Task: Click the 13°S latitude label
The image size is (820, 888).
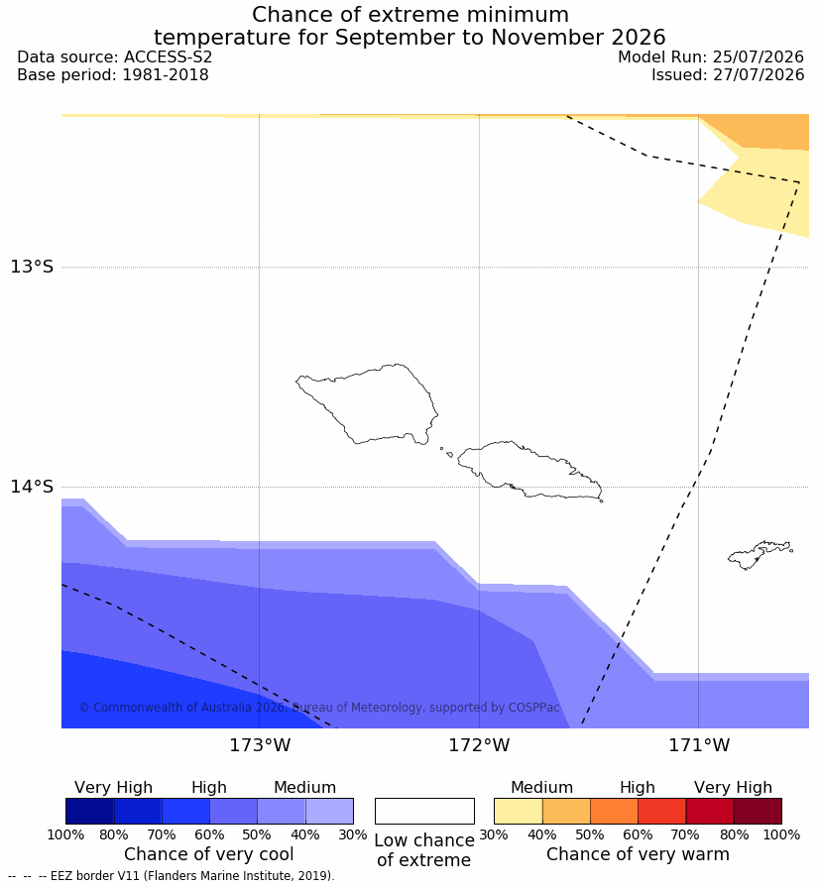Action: (x=32, y=267)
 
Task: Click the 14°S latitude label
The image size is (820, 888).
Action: (x=32, y=486)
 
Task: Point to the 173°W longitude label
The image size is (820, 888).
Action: (x=260, y=744)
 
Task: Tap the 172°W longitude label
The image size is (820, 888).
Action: (x=480, y=744)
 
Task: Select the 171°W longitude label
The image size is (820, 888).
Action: (x=699, y=744)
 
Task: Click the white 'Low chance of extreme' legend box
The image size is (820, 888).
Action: (x=424, y=811)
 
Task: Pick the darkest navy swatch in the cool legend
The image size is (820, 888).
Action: (x=89, y=811)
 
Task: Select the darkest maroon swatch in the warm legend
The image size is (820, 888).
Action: (x=758, y=811)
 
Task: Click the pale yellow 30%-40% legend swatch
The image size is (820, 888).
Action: (x=518, y=811)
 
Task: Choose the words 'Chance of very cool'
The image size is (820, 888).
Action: (x=208, y=854)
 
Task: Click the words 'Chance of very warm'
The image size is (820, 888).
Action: (x=638, y=854)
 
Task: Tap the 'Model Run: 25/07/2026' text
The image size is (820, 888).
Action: (x=711, y=56)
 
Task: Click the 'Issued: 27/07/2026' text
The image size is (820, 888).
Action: (x=728, y=74)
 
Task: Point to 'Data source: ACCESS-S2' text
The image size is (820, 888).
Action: (x=114, y=56)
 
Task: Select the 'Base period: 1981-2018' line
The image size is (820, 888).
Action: (x=113, y=74)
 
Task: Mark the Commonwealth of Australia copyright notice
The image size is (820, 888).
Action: (x=319, y=708)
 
